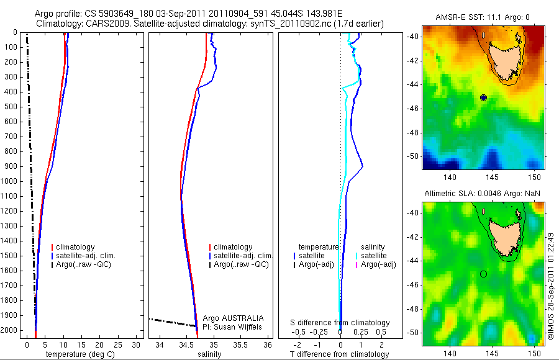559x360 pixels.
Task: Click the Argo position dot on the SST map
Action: (483, 97)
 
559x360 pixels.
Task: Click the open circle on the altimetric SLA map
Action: (483, 274)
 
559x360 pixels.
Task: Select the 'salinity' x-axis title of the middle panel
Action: (208, 354)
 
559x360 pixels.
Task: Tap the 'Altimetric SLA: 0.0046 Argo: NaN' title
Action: (483, 194)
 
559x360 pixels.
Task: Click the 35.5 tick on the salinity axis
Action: (240, 345)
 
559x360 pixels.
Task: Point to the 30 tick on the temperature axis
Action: (139, 345)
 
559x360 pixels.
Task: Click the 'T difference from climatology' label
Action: (341, 354)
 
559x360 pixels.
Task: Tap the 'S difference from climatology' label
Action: (341, 323)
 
